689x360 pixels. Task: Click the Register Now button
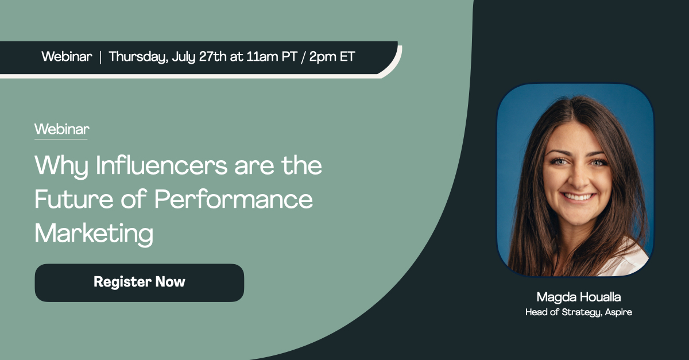(x=140, y=282)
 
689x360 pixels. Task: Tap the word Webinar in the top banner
(x=67, y=57)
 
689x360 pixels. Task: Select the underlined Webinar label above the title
(x=62, y=129)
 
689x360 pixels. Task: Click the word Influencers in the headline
(x=161, y=165)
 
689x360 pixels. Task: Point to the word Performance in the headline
(x=234, y=199)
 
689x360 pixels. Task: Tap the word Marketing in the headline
(x=94, y=234)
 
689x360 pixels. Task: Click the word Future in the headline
(x=74, y=199)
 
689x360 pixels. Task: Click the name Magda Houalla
(x=579, y=297)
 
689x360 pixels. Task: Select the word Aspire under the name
(x=618, y=312)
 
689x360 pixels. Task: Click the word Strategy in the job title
(x=581, y=312)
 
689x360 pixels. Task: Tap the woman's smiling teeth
(x=578, y=196)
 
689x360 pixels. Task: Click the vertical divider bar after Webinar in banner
(x=100, y=57)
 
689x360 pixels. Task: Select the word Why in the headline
(x=61, y=166)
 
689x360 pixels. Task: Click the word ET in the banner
(x=347, y=57)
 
